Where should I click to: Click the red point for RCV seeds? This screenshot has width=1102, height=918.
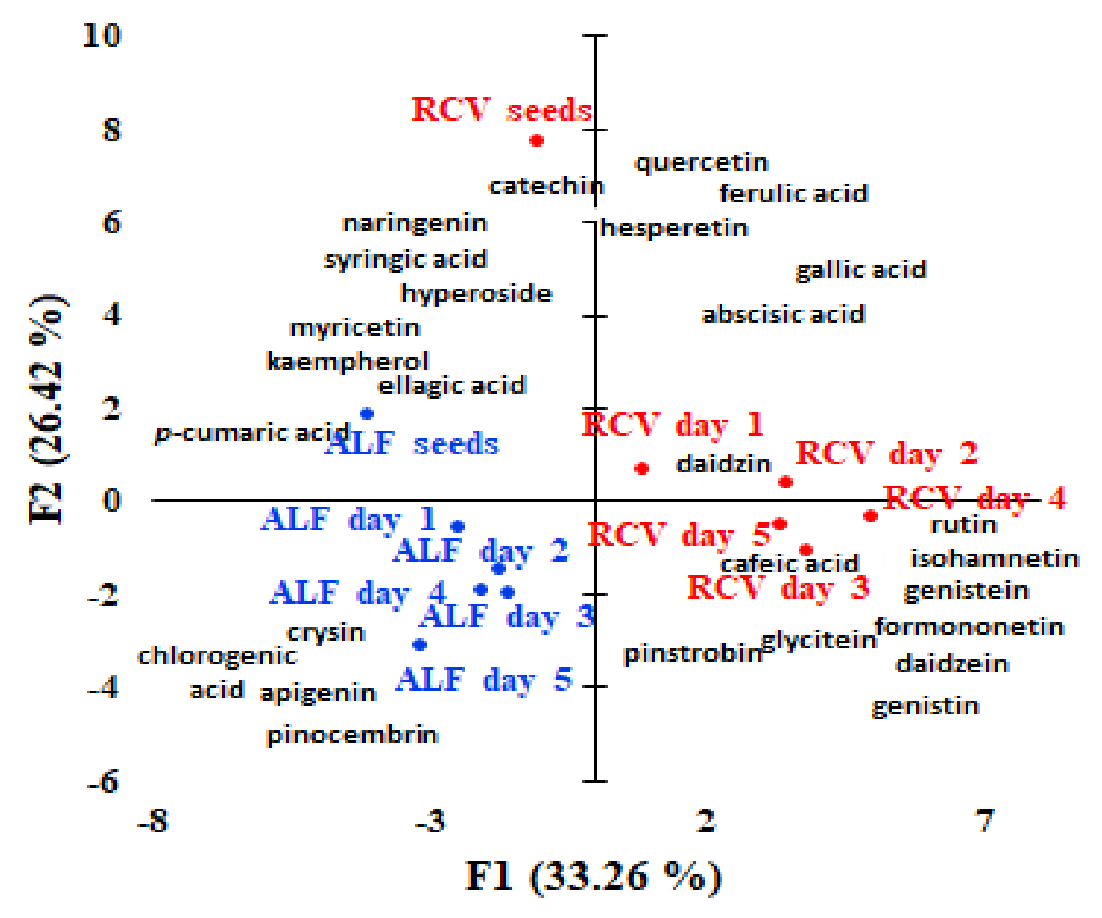536,140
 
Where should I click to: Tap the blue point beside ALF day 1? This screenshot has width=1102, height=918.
458,526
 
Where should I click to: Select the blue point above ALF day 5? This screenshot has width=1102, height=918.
419,644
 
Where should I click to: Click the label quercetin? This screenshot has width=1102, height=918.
702,163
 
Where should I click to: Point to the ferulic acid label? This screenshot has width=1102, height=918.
793,193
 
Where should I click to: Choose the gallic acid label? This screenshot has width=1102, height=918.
861,270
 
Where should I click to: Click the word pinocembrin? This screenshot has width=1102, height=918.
352,735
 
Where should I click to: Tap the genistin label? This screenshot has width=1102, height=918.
926,706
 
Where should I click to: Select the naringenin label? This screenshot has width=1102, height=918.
414,223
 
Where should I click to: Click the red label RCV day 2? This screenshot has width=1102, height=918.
887,454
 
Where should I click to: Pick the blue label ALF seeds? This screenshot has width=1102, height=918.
413,443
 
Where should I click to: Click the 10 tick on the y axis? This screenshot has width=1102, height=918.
102,36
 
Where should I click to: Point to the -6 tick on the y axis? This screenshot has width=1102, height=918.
104,782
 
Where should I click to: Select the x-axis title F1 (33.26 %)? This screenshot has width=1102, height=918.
593,877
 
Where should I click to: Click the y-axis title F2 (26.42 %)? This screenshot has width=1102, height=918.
46,410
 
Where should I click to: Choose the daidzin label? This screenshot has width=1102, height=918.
724,464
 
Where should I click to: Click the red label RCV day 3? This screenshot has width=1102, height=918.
778,587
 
